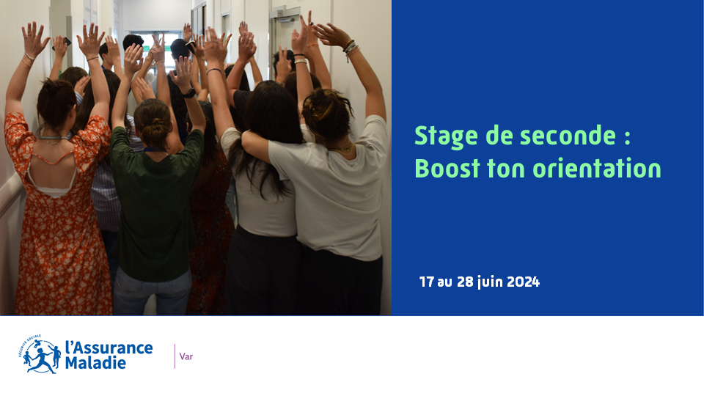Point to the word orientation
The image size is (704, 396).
[597, 169]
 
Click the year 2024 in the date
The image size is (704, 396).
[523, 282]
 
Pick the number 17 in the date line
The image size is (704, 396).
[427, 282]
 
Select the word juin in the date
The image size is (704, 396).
[491, 282]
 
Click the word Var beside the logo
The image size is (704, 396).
[186, 356]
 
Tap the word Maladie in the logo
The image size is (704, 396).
[95, 363]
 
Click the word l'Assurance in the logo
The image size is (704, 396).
[109, 348]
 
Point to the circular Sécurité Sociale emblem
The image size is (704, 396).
[40, 355]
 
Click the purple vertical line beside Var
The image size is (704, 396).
[175, 356]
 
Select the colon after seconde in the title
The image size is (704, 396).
[627, 137]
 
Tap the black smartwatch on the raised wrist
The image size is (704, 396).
[188, 93]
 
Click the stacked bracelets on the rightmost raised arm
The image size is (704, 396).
[351, 48]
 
